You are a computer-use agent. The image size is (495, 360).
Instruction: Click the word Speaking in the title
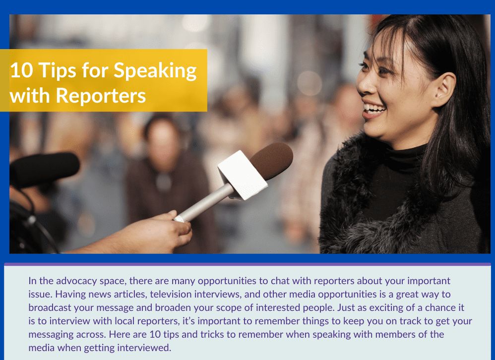click(155, 71)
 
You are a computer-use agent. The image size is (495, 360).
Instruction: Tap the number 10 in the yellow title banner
click(21, 70)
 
